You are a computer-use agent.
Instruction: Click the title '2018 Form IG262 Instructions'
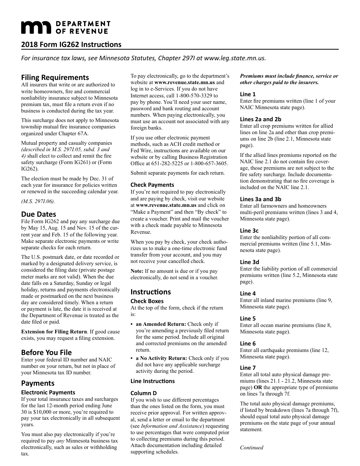tap(71, 45)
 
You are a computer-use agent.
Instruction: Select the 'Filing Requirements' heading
tap(55, 77)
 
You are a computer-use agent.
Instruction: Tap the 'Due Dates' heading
tap(38, 214)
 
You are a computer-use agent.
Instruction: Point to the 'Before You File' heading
tap(46, 352)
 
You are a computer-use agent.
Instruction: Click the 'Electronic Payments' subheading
tap(48, 392)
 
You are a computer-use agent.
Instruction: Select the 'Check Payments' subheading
tap(152, 185)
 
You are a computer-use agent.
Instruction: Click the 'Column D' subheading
tap(144, 393)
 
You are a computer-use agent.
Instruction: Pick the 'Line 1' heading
tap(248, 94)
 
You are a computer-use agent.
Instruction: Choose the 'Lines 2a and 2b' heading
tap(261, 119)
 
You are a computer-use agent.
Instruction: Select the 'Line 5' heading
tap(248, 318)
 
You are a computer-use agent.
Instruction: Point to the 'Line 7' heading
tap(248, 367)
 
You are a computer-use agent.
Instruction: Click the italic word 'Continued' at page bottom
tap(252, 447)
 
